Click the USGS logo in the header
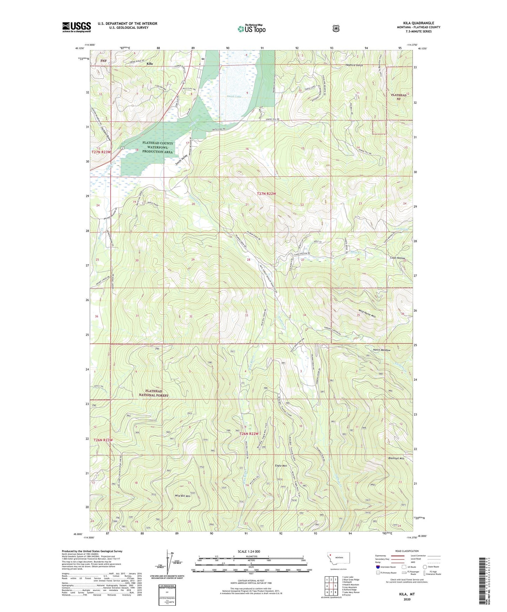click(76, 27)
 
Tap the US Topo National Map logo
click(251, 28)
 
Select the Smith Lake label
click(234, 96)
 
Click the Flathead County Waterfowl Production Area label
click(158, 148)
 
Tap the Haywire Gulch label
click(354, 65)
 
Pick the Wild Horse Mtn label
click(367, 311)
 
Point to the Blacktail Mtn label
click(396, 458)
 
